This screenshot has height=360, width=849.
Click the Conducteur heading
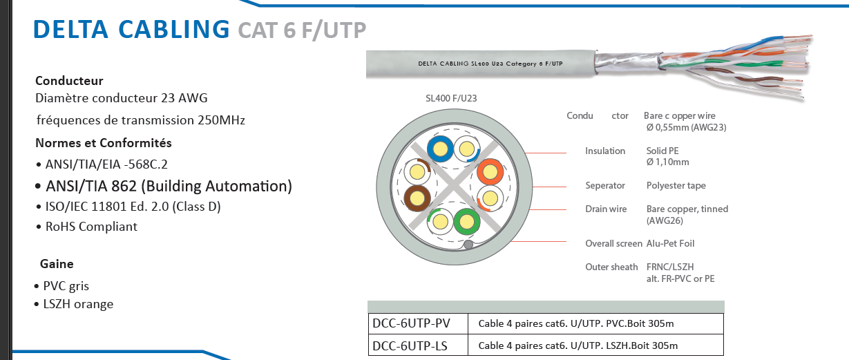(69, 81)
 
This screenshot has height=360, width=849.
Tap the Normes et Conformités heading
(104, 144)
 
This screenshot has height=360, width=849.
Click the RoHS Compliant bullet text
(91, 227)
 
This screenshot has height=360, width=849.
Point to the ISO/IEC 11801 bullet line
(133, 207)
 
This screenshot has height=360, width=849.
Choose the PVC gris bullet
(66, 286)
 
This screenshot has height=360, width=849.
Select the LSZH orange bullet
(78, 304)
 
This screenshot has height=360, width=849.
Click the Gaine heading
(57, 264)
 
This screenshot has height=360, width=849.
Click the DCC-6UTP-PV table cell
(412, 323)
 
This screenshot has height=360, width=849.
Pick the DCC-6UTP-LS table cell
(411, 345)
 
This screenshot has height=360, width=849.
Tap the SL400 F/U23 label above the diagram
(451, 98)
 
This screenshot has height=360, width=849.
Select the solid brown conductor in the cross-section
(417, 198)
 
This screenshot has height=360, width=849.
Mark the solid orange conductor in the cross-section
(489, 171)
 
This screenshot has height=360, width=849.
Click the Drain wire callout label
(606, 209)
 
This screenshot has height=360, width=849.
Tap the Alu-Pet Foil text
(670, 243)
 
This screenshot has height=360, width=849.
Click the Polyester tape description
(676, 185)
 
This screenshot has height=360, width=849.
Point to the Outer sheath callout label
(611, 267)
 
